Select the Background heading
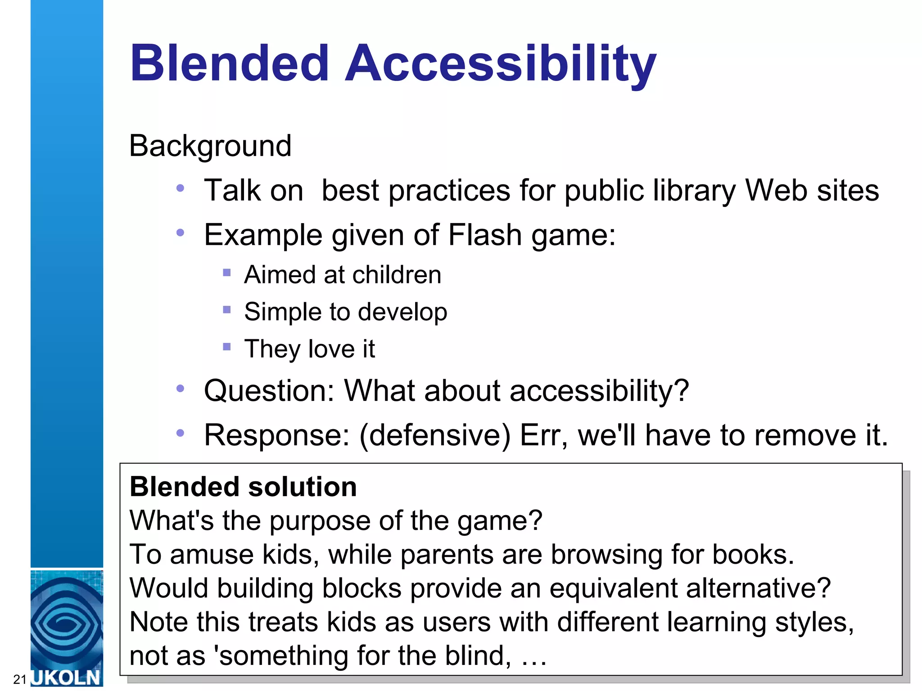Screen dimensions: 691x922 [x=210, y=146]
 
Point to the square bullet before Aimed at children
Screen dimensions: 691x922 [x=227, y=273]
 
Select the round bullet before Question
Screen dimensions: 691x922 [x=181, y=388]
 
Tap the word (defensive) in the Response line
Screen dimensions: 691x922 [x=435, y=435]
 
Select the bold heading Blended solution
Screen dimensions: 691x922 [x=243, y=487]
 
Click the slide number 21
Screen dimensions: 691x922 [x=19, y=679]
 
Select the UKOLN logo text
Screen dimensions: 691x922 [x=67, y=678]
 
